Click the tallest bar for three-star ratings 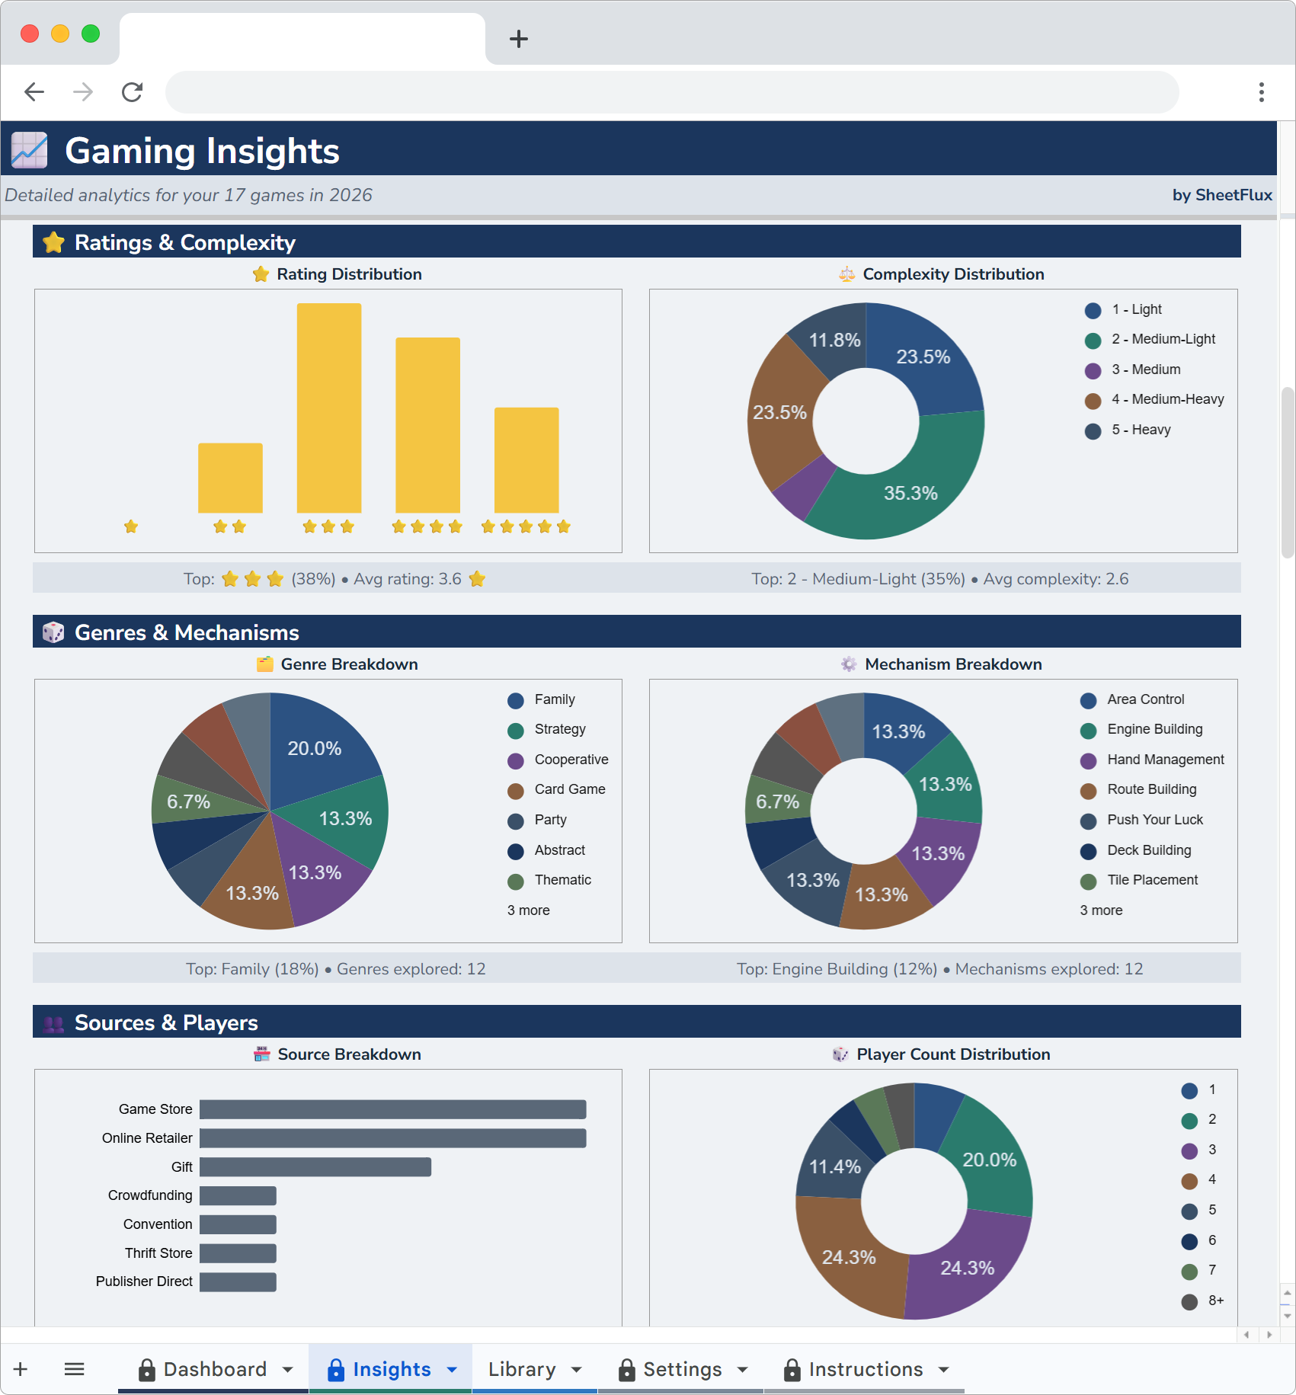[x=328, y=408]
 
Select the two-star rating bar [x=230, y=478]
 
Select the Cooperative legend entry [x=571, y=760]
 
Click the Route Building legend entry [x=1151, y=789]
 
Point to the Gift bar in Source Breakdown [x=315, y=1166]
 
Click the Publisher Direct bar [x=238, y=1281]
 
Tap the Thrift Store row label [x=158, y=1253]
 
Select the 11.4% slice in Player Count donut [x=834, y=1166]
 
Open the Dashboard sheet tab [x=215, y=1369]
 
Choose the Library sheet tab [x=522, y=1369]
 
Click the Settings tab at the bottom [x=682, y=1369]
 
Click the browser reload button [x=132, y=92]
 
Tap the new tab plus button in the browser [x=518, y=39]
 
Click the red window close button [x=30, y=34]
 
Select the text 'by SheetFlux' [x=1221, y=195]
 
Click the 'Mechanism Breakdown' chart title [x=952, y=664]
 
